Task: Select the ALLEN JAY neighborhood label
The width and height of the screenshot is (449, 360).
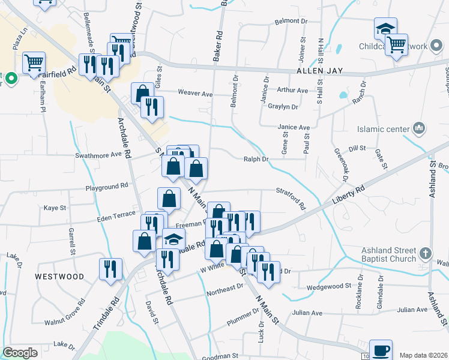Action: coord(319,71)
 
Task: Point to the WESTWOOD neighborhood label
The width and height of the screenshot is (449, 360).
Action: coord(59,277)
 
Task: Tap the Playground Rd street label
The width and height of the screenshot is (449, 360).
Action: coord(107,186)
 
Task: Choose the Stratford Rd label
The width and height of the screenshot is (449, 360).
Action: coord(291,198)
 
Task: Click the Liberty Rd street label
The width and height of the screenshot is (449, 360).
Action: coord(352,196)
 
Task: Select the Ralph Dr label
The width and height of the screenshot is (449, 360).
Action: coord(256,159)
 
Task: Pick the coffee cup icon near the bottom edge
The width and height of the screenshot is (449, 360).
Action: coord(381,350)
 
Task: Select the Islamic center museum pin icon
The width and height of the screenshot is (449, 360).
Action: coord(419,128)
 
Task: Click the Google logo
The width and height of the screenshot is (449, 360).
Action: coord(19,353)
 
